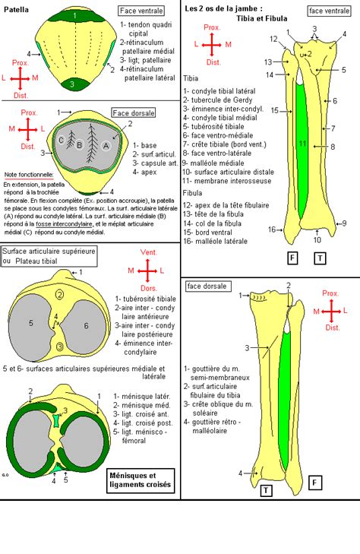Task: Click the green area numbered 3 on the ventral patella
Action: point(71,84)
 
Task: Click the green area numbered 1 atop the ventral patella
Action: point(74,14)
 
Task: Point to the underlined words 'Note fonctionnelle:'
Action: point(28,174)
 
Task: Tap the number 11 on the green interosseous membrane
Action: point(302,143)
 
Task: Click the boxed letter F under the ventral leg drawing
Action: point(292,258)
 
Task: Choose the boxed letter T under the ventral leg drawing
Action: point(321,258)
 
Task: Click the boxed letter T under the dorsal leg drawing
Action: point(267,490)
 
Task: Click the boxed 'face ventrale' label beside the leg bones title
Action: point(329,11)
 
